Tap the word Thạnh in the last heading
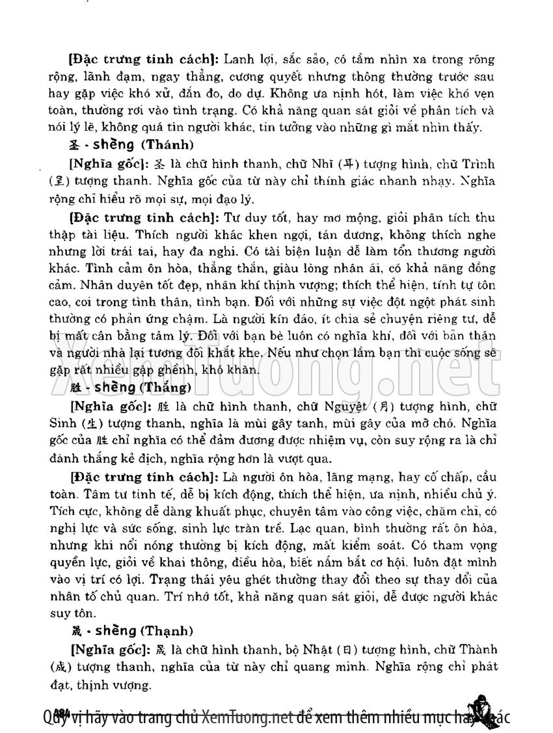click(x=170, y=631)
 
